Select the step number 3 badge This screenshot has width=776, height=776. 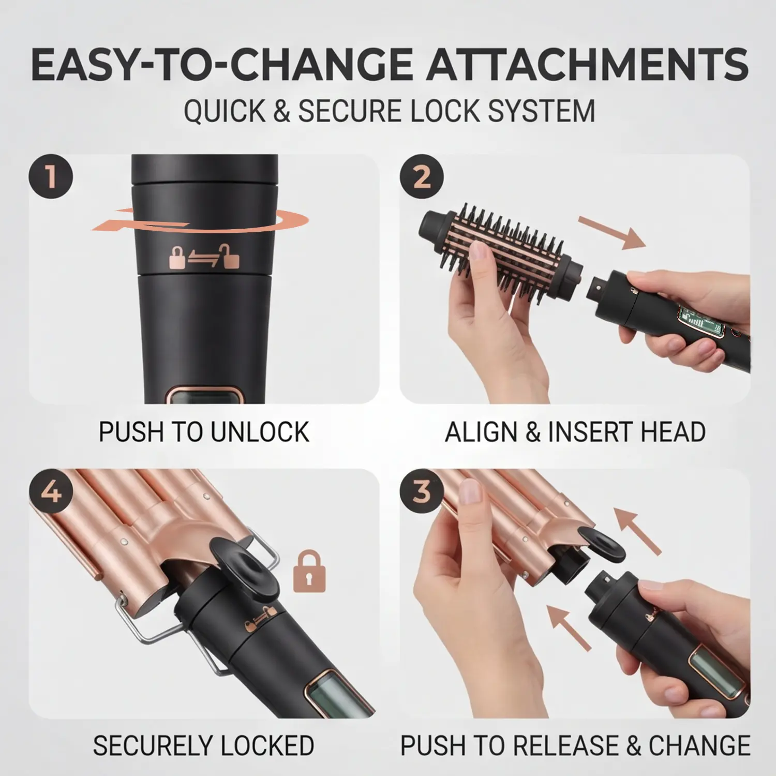[422, 491]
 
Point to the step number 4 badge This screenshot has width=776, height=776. [51, 491]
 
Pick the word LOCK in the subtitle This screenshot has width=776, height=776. [444, 111]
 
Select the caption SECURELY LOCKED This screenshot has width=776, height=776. [204, 745]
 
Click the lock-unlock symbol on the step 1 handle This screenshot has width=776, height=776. [205, 256]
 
